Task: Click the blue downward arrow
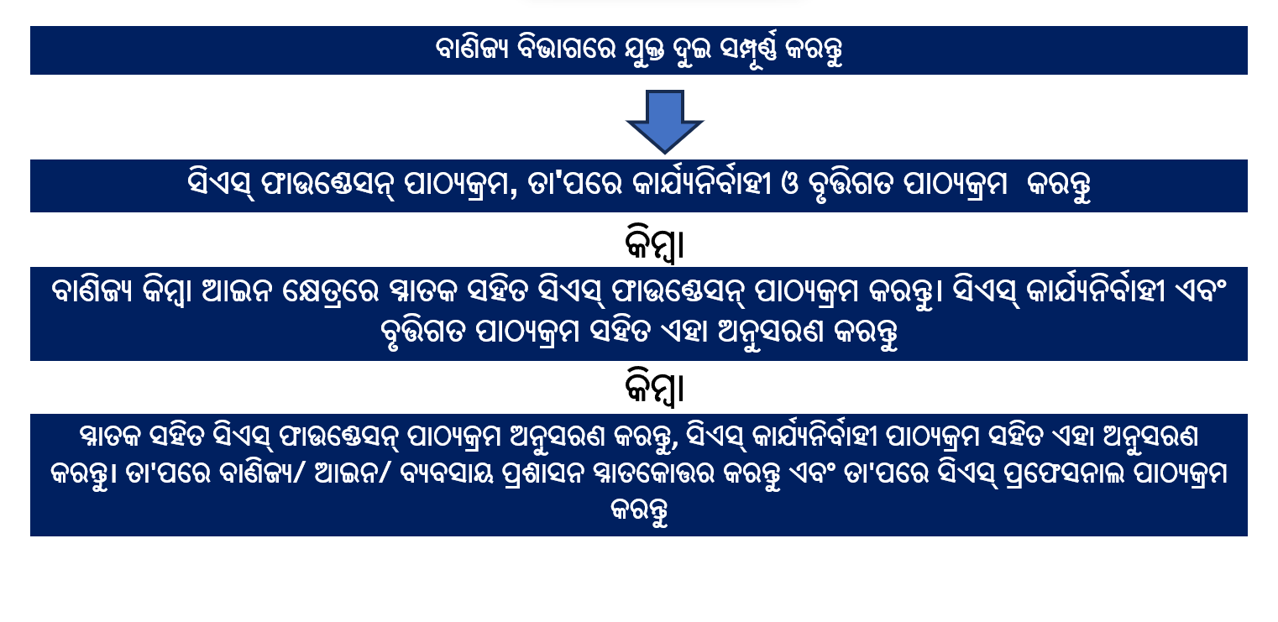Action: pyautogui.click(x=664, y=120)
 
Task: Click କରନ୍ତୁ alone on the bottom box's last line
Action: pyautogui.click(x=639, y=511)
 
